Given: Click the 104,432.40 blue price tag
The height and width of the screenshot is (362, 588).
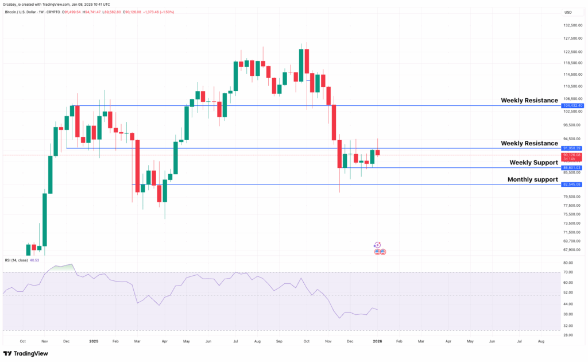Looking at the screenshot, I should (572, 106).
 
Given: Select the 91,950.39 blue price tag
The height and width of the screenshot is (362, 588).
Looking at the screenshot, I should (572, 148).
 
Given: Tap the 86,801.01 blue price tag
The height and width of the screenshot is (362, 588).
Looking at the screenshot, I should (572, 168).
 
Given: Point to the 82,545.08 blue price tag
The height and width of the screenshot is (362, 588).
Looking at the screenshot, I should (572, 184).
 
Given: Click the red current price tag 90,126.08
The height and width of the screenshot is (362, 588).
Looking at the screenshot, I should (572, 155).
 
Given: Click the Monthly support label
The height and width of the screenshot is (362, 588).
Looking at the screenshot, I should (532, 179).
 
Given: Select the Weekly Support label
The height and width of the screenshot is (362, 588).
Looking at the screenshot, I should (533, 163).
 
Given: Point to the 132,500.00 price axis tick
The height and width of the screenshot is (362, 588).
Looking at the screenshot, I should (572, 25).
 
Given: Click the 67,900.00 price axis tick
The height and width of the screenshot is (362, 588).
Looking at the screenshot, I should (572, 249).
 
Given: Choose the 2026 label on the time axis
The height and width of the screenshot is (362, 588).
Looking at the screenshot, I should (377, 341).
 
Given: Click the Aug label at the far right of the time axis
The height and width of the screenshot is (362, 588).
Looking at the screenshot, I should (541, 341).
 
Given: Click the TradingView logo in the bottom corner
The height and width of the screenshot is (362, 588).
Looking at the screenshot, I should (26, 354).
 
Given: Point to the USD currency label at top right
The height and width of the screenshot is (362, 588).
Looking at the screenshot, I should (568, 12).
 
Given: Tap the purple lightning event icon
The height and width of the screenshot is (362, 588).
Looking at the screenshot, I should (377, 245).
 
